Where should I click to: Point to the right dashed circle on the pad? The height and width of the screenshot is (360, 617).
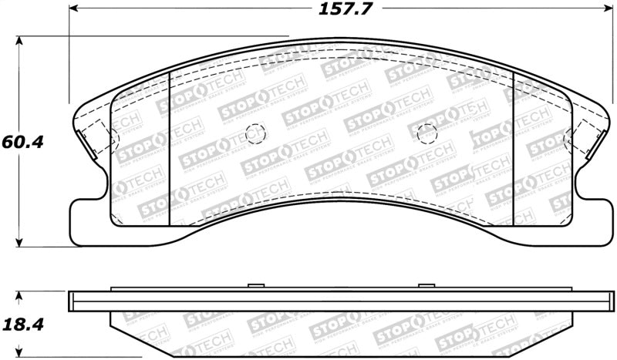427,133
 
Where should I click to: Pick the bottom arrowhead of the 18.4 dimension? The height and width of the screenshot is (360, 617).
20,355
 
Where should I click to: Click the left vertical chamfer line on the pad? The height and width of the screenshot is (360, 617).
168,146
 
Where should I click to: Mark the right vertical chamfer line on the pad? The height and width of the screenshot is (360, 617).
513,146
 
